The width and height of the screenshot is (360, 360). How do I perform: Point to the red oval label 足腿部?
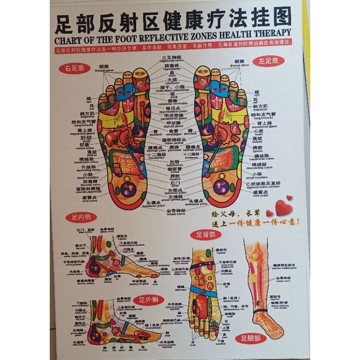[253, 339]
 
